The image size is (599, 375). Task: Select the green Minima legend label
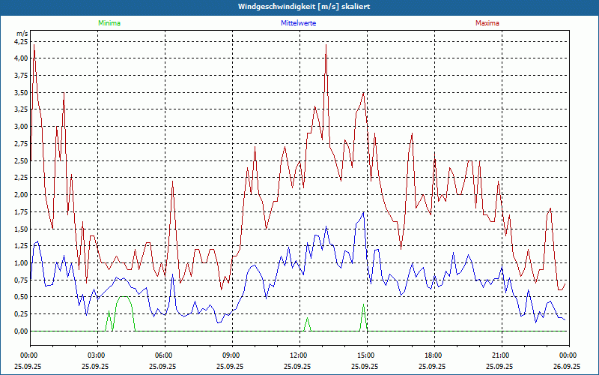point(109,23)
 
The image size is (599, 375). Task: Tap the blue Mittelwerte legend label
point(298,23)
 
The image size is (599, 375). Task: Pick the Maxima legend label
point(487,23)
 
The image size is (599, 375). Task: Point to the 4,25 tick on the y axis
point(20,41)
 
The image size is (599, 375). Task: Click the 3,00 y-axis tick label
point(20,126)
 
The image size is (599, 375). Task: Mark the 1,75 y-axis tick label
point(20,211)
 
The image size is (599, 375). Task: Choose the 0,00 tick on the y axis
point(20,331)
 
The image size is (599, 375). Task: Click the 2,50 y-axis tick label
point(20,160)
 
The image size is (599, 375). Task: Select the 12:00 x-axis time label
point(299,355)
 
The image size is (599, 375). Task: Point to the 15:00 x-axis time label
point(366,355)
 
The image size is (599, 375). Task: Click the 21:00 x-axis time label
point(501,355)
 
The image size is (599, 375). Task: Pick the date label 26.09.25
point(567,367)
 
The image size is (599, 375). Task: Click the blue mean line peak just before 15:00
point(363,212)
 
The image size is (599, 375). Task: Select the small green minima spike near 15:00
point(363,305)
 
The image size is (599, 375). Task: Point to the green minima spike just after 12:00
point(307,318)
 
